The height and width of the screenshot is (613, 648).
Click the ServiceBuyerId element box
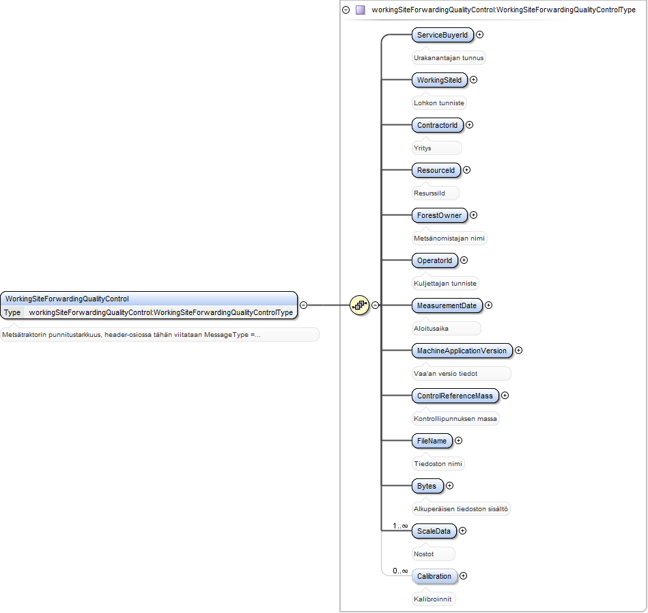[442, 35]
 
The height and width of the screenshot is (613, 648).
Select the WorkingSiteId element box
[439, 80]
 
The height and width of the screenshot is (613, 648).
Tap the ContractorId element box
[437, 125]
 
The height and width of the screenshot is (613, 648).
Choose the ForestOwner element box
[439, 215]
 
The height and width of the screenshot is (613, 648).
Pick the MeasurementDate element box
[447, 305]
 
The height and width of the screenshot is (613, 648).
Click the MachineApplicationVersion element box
[462, 351]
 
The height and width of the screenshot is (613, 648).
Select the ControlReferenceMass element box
[455, 396]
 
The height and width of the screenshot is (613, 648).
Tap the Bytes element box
[427, 486]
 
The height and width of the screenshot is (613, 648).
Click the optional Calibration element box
[434, 576]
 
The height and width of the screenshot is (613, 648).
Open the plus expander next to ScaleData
[463, 531]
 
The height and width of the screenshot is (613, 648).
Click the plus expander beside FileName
[459, 441]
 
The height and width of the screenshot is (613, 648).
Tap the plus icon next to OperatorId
[464, 260]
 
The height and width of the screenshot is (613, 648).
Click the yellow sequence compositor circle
[360, 305]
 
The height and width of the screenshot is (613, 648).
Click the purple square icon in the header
[361, 10]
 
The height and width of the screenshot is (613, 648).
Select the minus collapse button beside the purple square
[346, 10]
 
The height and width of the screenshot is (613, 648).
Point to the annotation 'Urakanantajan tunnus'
[449, 58]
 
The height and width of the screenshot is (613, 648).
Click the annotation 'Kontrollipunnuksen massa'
[455, 419]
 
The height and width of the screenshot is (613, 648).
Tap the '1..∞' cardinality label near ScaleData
[400, 526]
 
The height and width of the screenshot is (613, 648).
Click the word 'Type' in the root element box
[12, 312]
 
